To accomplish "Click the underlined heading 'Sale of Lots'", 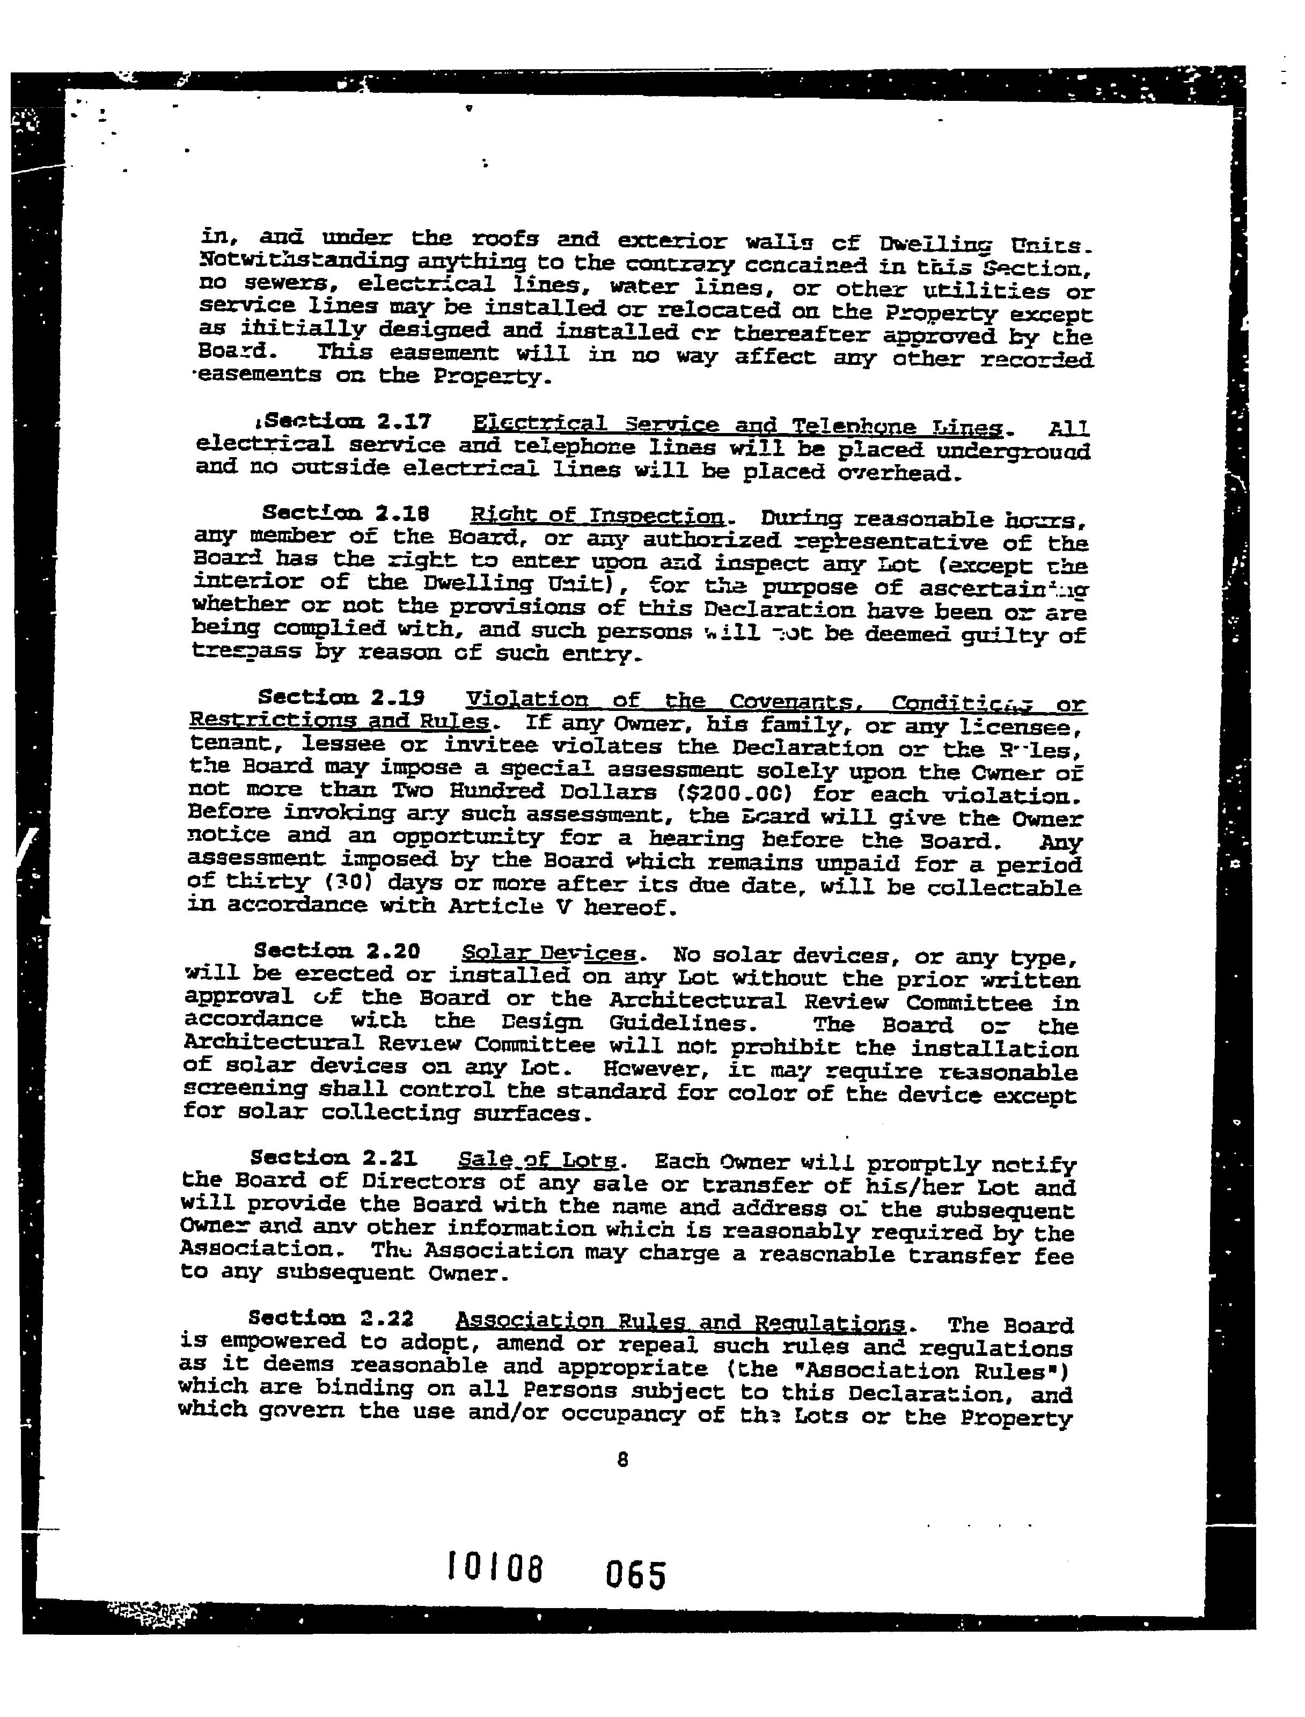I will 538,1160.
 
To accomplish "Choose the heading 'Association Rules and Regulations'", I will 680,1321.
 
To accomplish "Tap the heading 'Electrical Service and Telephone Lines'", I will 737,425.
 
